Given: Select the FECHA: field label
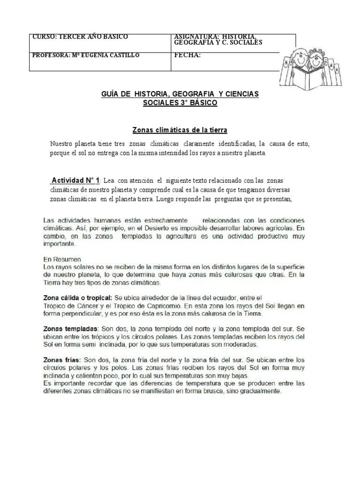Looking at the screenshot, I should point(187,55).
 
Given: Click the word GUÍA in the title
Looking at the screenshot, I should point(111,94).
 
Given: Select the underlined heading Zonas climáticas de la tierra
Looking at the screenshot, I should point(180,129).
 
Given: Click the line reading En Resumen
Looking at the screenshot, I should point(62,259).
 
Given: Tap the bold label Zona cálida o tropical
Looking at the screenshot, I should point(76,297).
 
